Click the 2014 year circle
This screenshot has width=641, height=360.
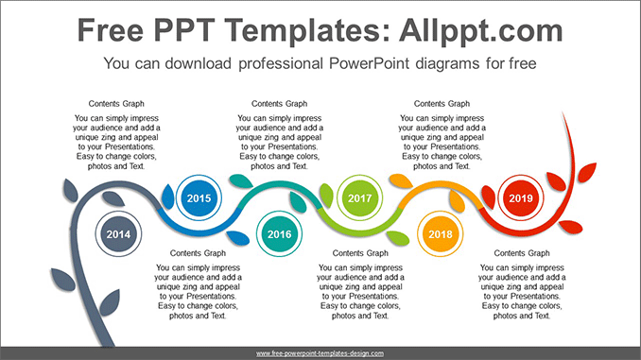pyautogui.click(x=118, y=234)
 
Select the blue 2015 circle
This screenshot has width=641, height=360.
pyautogui.click(x=199, y=198)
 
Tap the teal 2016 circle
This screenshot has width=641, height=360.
pyautogui.click(x=280, y=234)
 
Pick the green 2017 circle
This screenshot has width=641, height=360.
pyautogui.click(x=360, y=198)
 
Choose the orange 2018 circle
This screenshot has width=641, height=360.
pyautogui.click(x=441, y=234)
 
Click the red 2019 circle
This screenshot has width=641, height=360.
pyautogui.click(x=521, y=198)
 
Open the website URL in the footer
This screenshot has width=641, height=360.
pyautogui.click(x=320, y=352)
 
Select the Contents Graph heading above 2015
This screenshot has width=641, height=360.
pyautogui.click(x=117, y=103)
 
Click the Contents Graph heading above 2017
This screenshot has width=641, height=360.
pyautogui.click(x=280, y=103)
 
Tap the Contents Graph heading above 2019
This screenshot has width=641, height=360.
pyautogui.click(x=442, y=103)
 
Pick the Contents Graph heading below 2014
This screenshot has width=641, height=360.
pyautogui.click(x=198, y=253)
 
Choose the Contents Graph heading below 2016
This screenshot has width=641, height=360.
pyautogui.click(x=360, y=253)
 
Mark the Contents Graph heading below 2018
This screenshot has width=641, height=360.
pyautogui.click(x=523, y=253)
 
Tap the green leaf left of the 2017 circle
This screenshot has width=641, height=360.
pyautogui.click(x=327, y=196)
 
